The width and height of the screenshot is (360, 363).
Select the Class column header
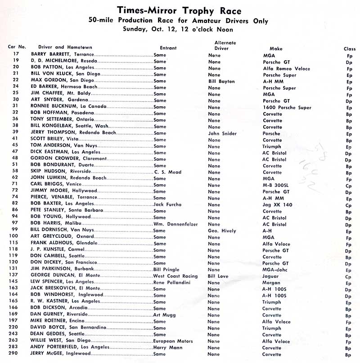coord(349,48)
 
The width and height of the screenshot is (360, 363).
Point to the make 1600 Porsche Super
coord(286,108)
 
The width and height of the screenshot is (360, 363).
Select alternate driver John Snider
coord(222,134)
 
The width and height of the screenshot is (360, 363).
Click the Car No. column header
coord(17,46)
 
